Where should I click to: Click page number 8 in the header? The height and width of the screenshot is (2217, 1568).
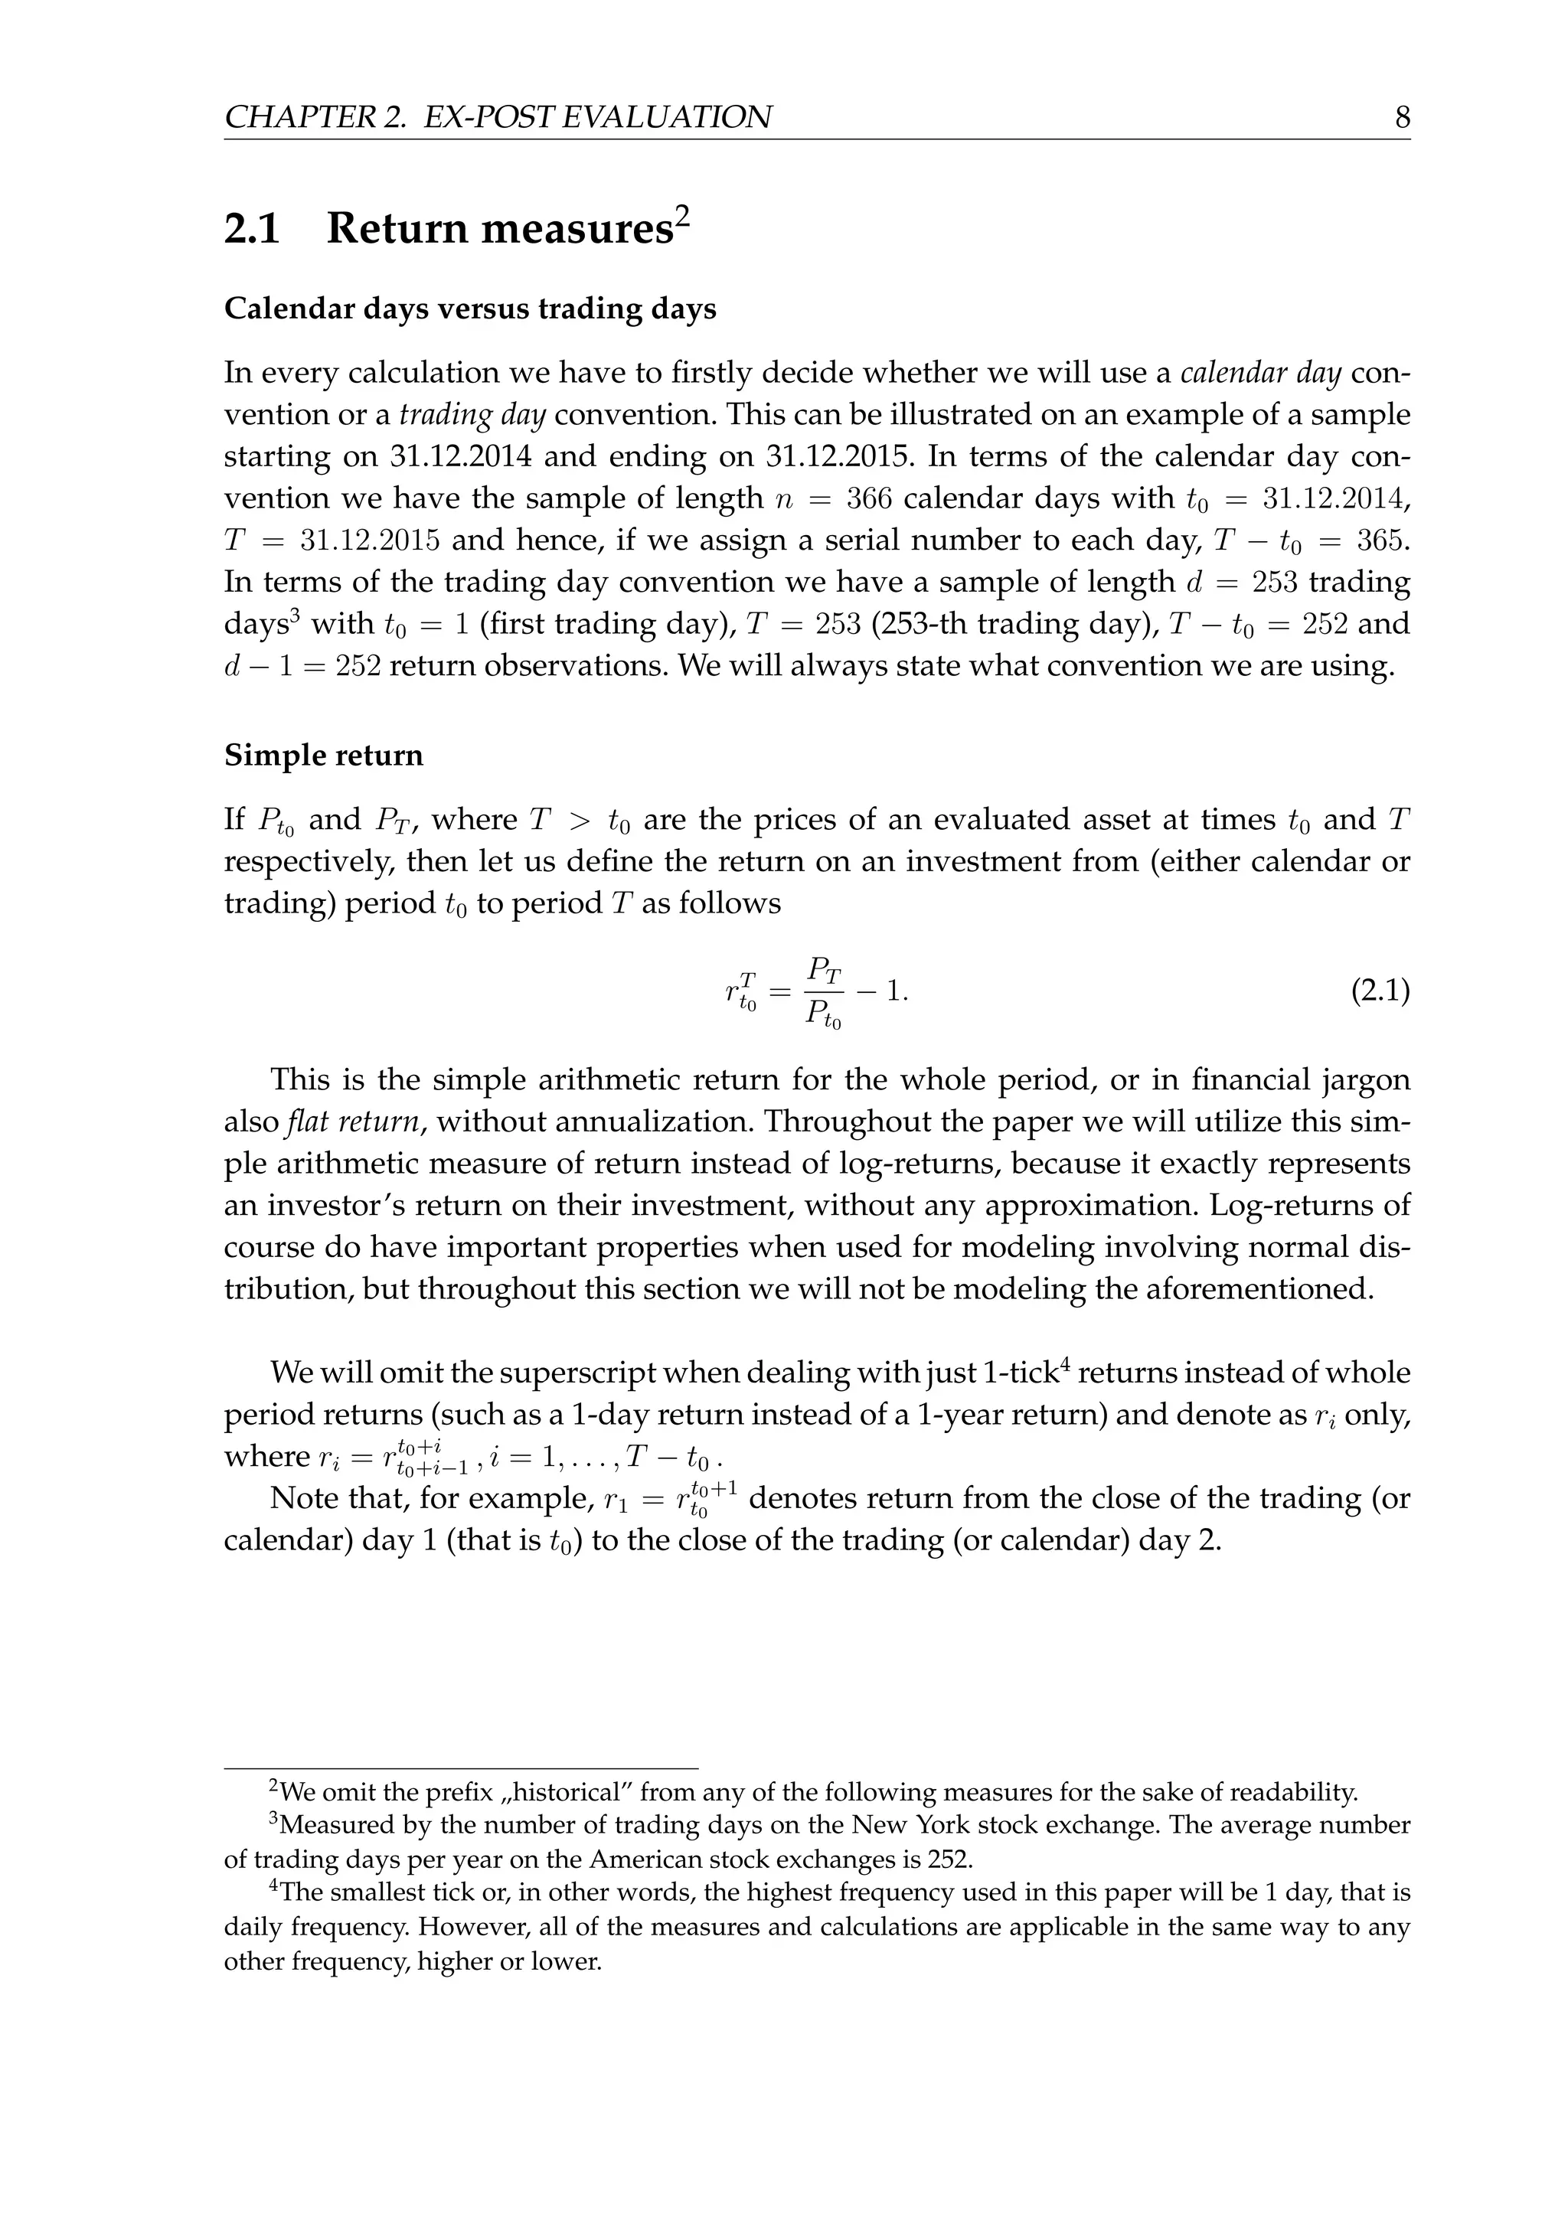(x=1402, y=118)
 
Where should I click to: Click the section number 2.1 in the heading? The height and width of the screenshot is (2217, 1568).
(x=252, y=230)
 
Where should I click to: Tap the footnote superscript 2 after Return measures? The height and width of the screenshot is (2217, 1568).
(x=683, y=217)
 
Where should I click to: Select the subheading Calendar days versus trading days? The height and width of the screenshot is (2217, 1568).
(x=470, y=309)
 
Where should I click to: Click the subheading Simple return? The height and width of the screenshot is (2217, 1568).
(x=323, y=755)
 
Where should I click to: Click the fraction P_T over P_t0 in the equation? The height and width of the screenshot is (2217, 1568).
(x=824, y=991)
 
